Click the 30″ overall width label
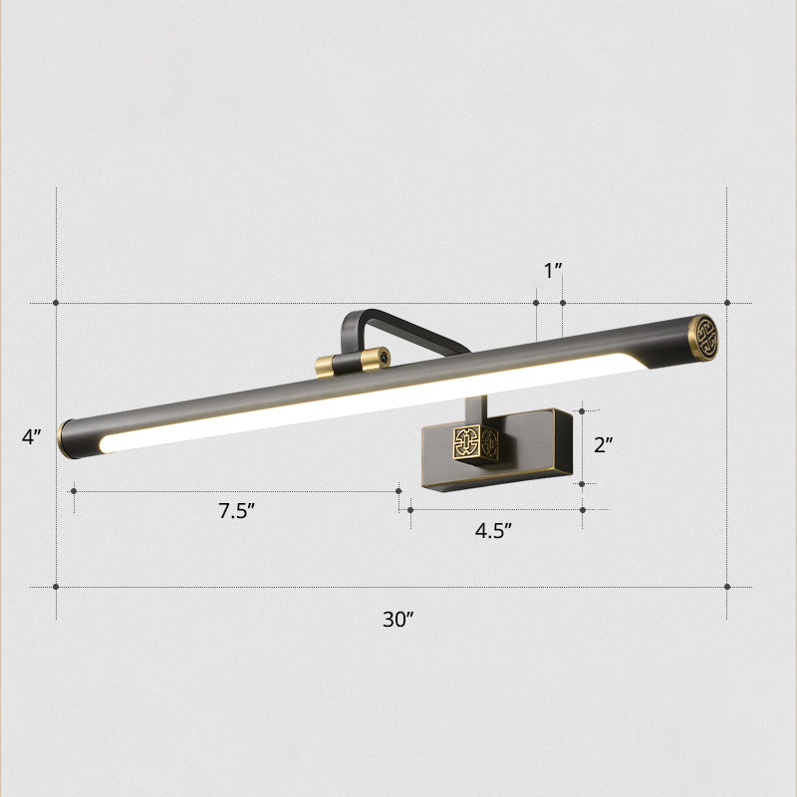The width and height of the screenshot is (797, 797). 398,619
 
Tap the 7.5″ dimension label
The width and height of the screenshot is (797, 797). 238,512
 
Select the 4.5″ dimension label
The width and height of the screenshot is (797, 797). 492,530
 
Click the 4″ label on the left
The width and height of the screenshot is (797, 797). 33,436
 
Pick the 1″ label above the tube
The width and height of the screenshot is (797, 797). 553,270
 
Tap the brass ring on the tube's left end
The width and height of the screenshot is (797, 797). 65,436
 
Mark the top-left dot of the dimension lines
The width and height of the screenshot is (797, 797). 56,302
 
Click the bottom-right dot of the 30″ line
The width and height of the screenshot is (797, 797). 727,587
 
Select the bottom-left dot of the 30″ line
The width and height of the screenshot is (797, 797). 56,587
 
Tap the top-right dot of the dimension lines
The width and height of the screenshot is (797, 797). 727,302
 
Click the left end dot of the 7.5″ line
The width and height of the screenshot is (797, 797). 74,490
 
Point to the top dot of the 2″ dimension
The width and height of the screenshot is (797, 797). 583,409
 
